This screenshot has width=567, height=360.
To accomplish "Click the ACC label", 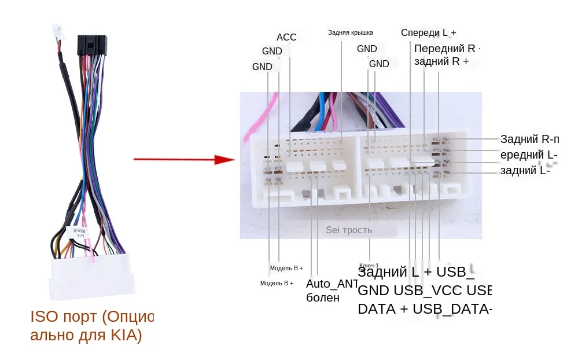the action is tap(286, 38).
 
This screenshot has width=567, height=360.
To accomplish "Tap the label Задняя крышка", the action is tap(351, 33).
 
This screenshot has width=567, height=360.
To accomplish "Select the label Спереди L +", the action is tap(429, 32).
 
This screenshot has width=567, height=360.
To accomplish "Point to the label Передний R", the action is tap(444, 48).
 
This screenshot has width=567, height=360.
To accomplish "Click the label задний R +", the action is tap(441, 61).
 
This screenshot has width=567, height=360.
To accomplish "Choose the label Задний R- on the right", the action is tap(529, 139).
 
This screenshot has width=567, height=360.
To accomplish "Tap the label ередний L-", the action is tap(528, 155).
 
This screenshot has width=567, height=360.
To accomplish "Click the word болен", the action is tap(323, 298).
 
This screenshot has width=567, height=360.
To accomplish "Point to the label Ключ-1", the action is tap(369, 265).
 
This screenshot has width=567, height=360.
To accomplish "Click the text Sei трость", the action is tap(349, 230).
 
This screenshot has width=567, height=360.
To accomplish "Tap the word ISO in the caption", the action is tap(43, 317).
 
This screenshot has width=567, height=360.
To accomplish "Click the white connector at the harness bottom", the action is tap(93, 277).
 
